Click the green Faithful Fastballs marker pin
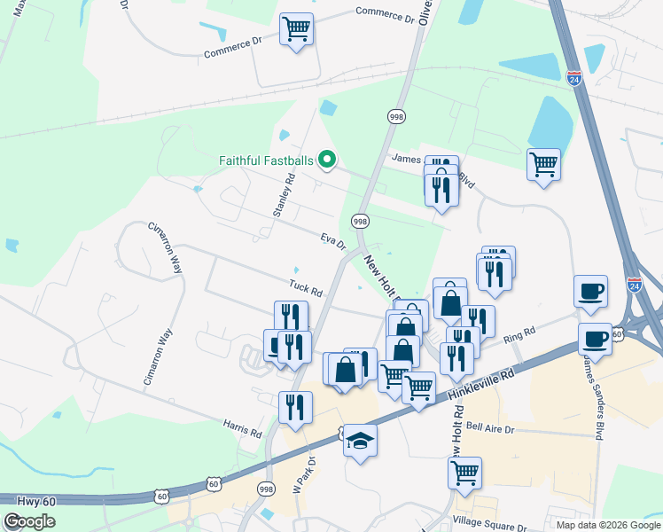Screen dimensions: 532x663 [x=327, y=160]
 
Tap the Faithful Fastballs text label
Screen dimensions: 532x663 [x=265, y=160]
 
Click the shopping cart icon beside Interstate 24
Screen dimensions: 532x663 [x=542, y=163]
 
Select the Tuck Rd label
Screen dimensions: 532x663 [x=304, y=287]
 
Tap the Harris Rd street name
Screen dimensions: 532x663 [x=243, y=429]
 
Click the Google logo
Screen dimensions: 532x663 [x=30, y=521]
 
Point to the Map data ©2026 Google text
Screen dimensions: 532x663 [x=607, y=524]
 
